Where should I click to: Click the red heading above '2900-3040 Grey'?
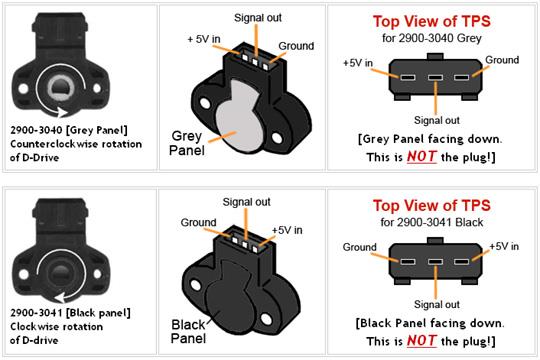tap(432, 21)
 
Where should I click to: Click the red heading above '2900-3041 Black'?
tap(432, 206)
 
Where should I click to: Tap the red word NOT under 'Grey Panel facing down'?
tap(422, 157)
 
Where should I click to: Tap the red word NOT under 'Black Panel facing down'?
tap(422, 341)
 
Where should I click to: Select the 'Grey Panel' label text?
tap(187, 143)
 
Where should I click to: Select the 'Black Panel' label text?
tap(188, 331)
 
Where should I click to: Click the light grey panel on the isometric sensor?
tap(238, 117)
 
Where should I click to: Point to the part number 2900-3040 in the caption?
tap(36, 130)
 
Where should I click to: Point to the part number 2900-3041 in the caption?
tap(36, 313)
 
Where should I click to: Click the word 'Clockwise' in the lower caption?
tap(34, 327)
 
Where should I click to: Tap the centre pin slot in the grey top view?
tap(435, 77)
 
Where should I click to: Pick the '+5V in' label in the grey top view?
tap(358, 63)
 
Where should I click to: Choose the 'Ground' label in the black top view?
tap(360, 247)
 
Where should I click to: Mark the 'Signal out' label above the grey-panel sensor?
tap(258, 18)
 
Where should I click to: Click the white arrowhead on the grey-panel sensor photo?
tap(63, 112)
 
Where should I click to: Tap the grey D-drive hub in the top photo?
tap(61, 88)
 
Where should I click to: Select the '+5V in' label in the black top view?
tap(504, 246)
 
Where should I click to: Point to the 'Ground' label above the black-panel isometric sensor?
tap(198, 223)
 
